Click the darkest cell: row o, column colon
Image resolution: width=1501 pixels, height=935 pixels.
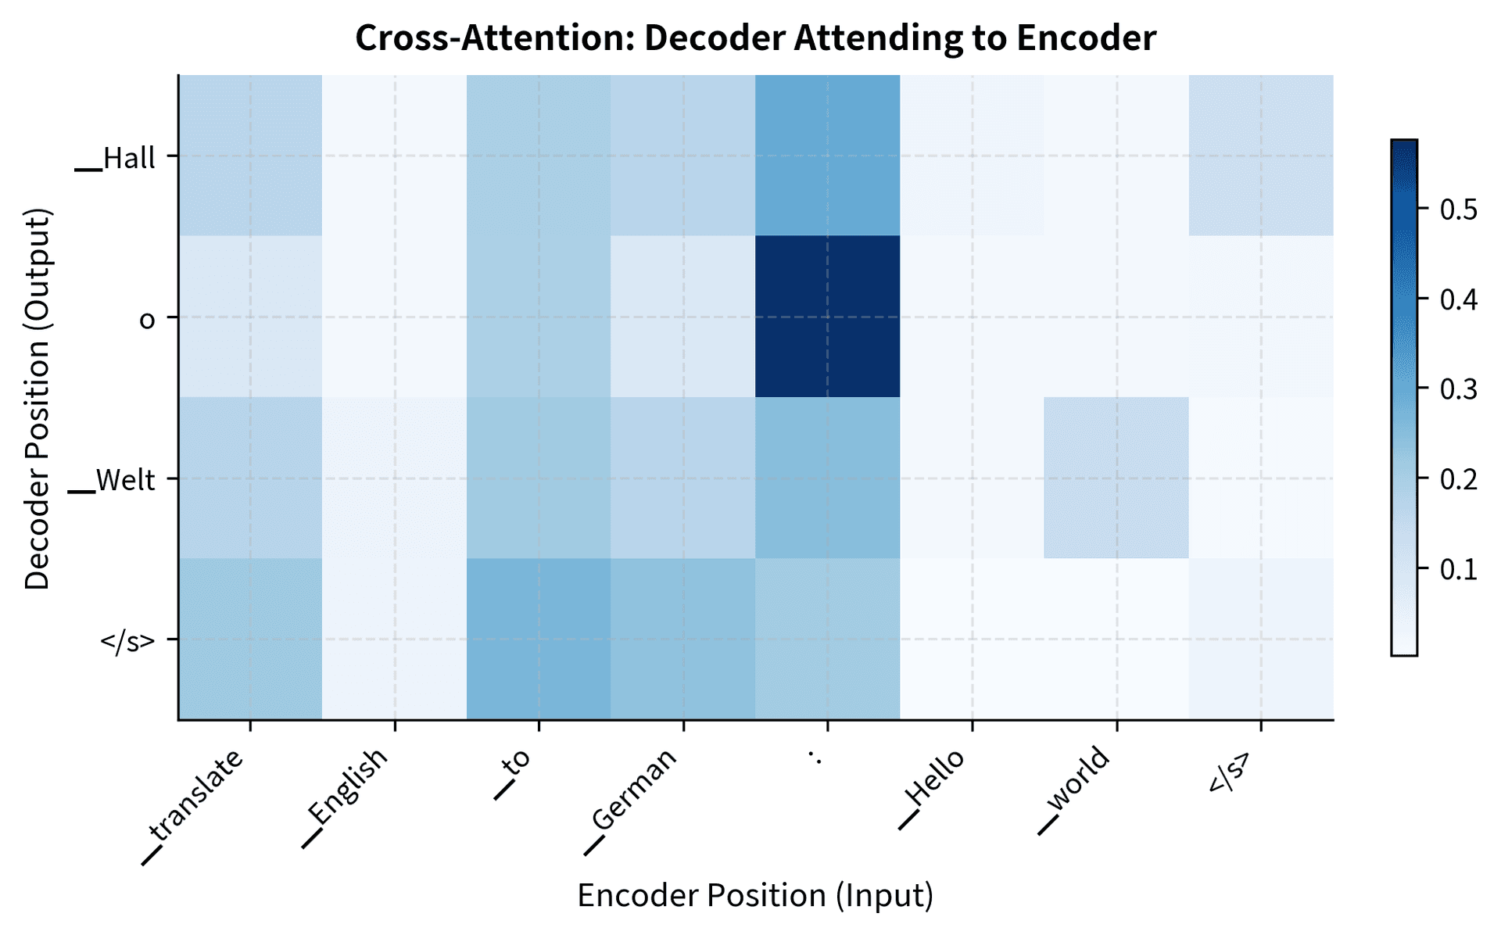[827, 317]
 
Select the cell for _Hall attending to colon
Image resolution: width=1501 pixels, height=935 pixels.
[827, 156]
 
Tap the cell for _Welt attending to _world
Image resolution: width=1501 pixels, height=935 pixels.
[1116, 478]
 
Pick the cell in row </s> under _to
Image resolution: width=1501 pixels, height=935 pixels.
[539, 639]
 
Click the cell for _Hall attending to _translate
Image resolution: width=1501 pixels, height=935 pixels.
[250, 156]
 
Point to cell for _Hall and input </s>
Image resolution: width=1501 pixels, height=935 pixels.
[1260, 156]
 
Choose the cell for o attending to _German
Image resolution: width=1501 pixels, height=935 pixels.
[682, 317]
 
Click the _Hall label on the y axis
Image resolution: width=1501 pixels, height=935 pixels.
[116, 159]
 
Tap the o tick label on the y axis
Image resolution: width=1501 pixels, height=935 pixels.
[147, 320]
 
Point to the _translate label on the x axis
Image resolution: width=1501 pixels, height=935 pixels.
[195, 805]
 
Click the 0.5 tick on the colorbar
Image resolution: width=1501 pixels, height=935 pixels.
[1458, 210]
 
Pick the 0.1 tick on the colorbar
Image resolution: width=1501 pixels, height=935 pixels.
[1458, 568]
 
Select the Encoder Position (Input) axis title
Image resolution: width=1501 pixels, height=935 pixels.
[755, 896]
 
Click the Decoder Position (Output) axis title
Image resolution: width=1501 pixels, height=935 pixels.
[38, 398]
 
